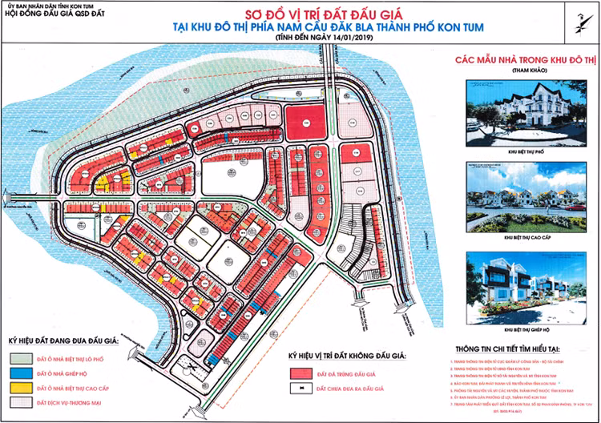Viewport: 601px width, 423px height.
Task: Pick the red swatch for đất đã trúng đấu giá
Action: [300, 373]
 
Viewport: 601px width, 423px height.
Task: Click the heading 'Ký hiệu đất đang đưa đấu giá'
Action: [63, 341]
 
